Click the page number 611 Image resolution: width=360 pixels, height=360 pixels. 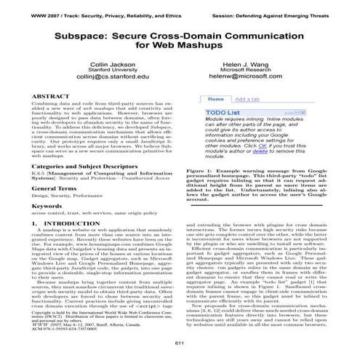180,341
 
